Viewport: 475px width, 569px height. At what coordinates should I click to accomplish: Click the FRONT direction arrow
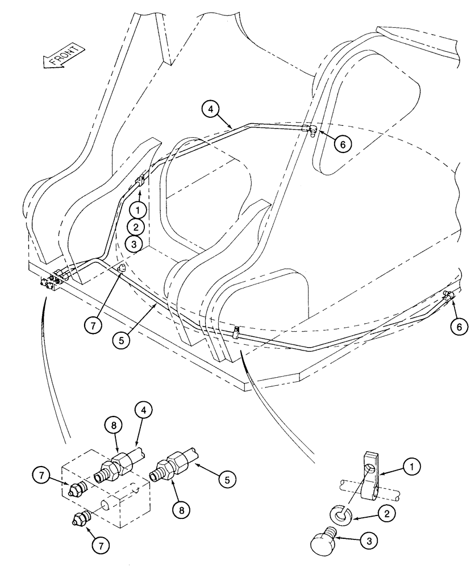[64, 56]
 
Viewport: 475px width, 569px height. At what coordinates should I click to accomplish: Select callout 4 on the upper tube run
[210, 109]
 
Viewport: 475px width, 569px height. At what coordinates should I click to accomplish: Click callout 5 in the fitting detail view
[226, 480]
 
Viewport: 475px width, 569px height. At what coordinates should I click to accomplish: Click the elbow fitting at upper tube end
[311, 130]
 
